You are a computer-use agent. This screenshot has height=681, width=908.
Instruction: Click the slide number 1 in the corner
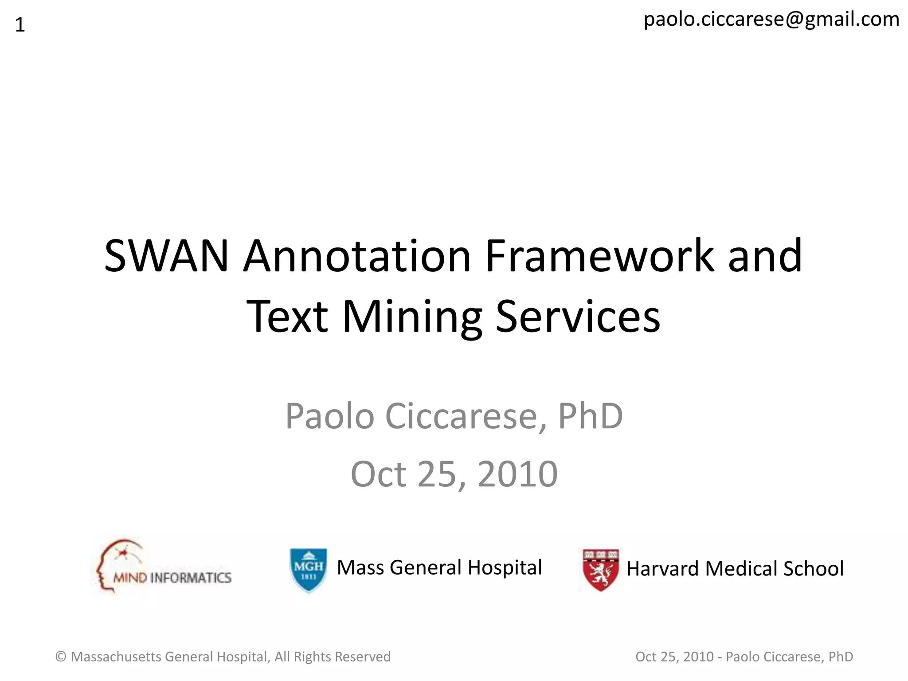[x=20, y=25]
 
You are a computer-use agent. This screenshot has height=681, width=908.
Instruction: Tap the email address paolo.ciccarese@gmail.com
[x=771, y=20]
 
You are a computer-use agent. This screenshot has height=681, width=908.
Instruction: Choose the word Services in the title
[x=578, y=317]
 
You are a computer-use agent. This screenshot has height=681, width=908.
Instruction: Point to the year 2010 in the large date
[x=517, y=474]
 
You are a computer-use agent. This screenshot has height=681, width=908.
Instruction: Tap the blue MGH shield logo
[x=309, y=570]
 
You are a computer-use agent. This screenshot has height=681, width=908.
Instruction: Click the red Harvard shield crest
[x=600, y=570]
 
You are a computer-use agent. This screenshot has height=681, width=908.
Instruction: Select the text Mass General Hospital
[x=439, y=567]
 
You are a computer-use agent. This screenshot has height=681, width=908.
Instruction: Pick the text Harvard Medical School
[x=735, y=569]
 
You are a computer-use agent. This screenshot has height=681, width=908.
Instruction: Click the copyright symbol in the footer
[x=61, y=657]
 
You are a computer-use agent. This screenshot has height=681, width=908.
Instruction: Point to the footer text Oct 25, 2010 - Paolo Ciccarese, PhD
[x=744, y=657]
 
